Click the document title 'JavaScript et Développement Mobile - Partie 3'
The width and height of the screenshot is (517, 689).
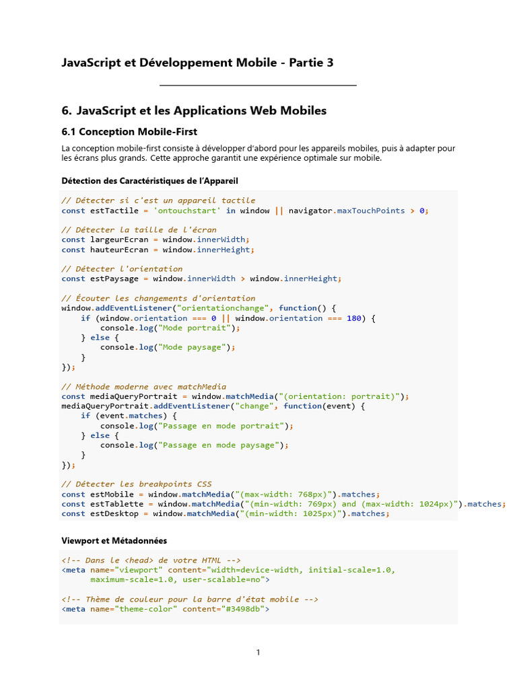(x=197, y=63)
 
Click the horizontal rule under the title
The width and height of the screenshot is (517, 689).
(x=258, y=85)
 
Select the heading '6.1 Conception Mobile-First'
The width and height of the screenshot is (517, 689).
(x=129, y=131)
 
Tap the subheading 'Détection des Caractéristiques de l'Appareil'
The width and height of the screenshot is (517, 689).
(x=149, y=181)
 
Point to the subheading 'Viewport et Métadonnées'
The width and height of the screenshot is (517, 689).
(x=114, y=540)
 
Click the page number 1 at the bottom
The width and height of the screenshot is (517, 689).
(x=258, y=652)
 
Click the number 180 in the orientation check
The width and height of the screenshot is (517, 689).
(x=354, y=318)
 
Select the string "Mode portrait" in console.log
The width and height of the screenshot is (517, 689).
(x=197, y=328)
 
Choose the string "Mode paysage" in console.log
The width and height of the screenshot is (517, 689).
(x=195, y=347)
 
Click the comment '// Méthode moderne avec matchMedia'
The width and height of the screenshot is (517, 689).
(x=143, y=387)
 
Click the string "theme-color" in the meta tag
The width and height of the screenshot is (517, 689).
(x=146, y=609)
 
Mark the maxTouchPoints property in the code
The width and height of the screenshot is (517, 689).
(x=371, y=211)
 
